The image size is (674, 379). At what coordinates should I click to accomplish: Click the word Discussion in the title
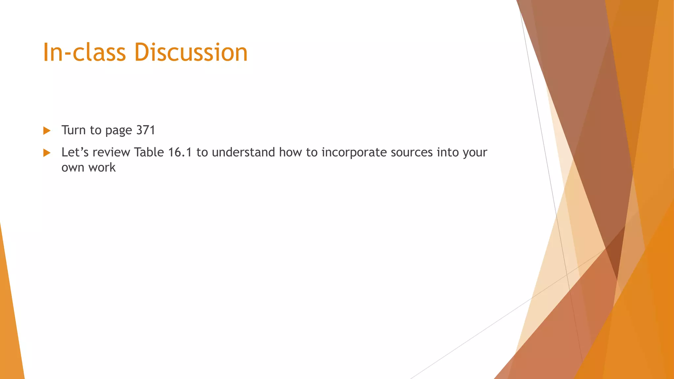(x=191, y=53)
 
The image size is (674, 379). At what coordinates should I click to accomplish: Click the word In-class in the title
(x=84, y=53)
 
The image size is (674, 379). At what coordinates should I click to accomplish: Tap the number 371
(x=145, y=130)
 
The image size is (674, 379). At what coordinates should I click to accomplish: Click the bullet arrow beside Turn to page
(x=47, y=131)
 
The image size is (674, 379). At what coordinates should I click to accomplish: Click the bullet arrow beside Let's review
(x=47, y=153)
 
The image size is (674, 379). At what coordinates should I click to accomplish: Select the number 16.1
(x=180, y=152)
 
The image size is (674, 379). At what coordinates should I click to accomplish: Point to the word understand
(x=244, y=152)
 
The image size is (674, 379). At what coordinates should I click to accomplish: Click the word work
(x=102, y=167)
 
